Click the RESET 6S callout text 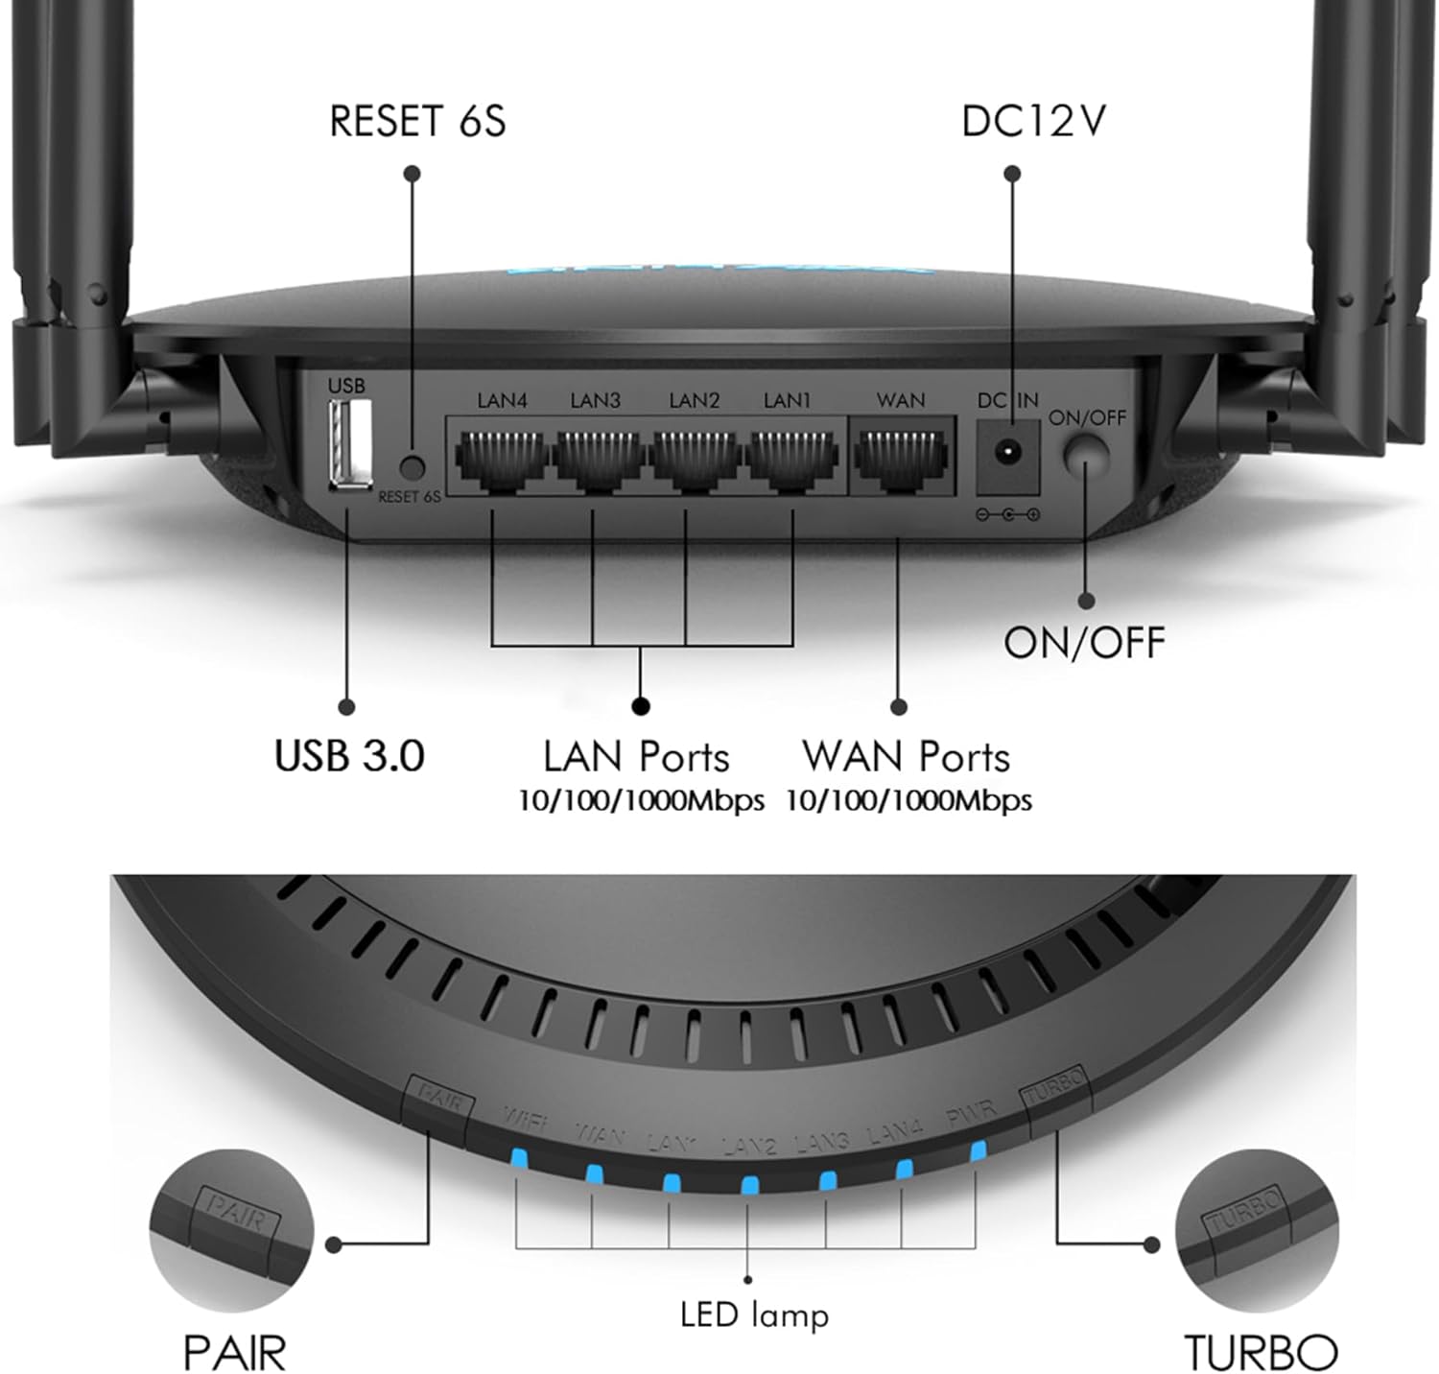pos(416,122)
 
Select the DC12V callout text pos(1033,122)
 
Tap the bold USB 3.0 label pos(349,755)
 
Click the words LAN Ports pos(636,757)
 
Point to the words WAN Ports pos(907,757)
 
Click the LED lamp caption pos(754,1315)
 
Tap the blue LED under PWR pos(979,1151)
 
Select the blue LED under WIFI pos(519,1159)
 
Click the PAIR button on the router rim pos(439,1097)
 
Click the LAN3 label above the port pos(595,400)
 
